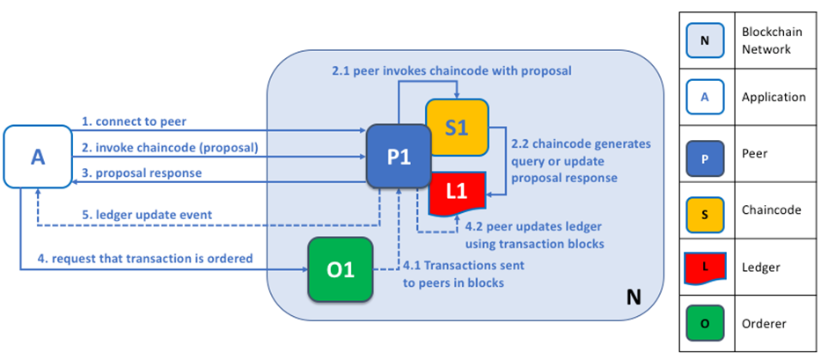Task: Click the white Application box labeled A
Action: pos(38,157)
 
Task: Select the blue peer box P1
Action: pos(398,155)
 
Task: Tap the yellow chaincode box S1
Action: pos(456,127)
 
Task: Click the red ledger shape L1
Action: pos(456,192)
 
